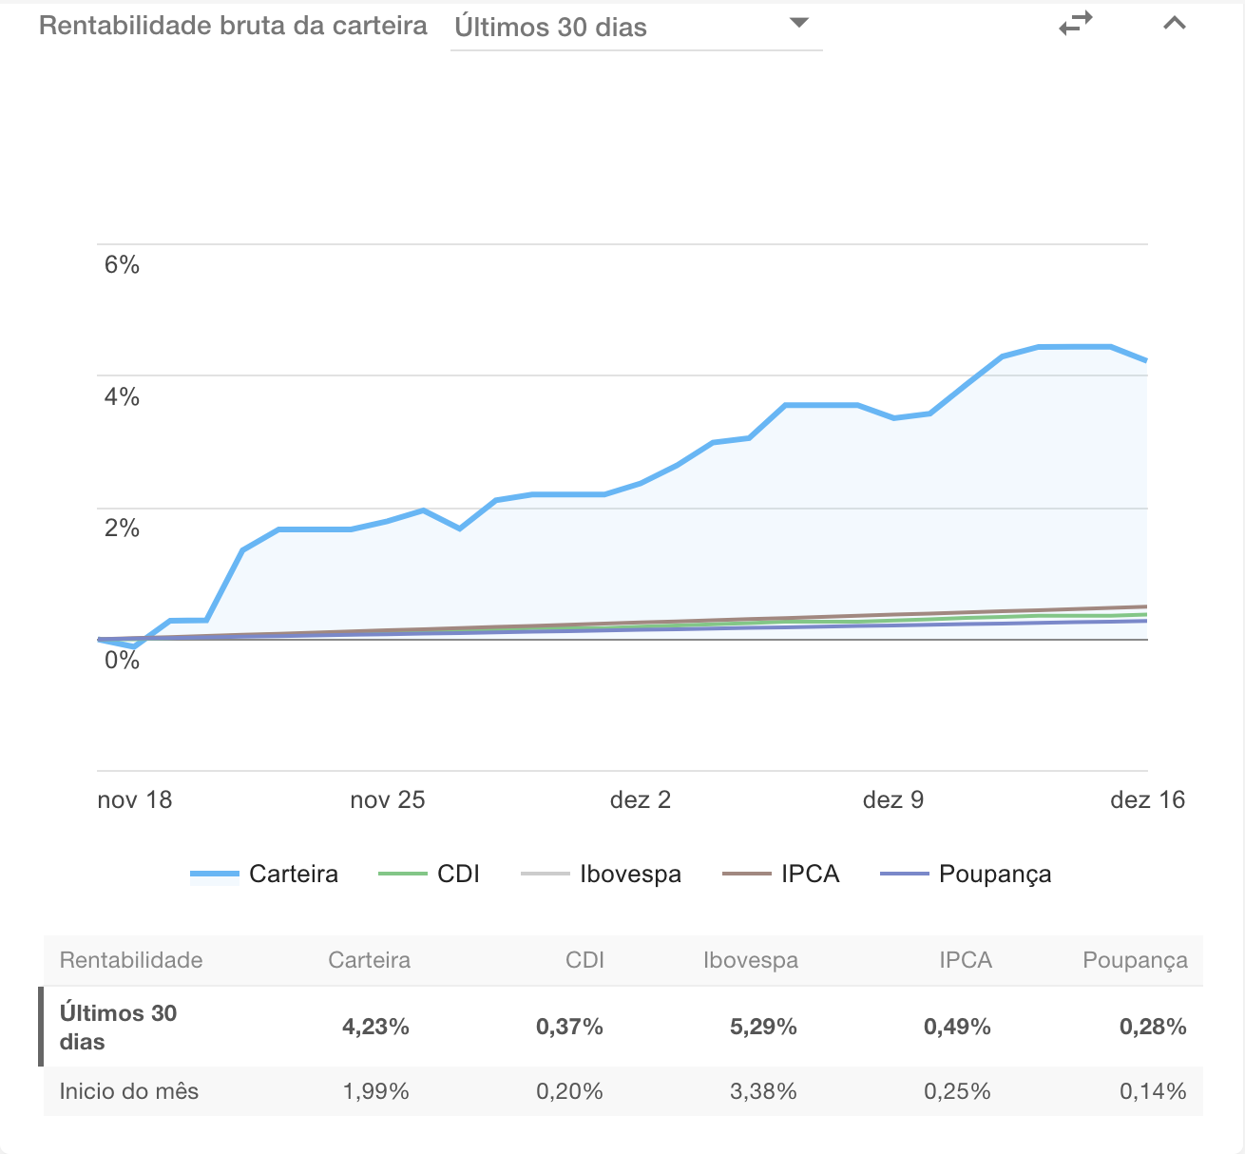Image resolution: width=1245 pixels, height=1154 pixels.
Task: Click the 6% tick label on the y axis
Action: (122, 264)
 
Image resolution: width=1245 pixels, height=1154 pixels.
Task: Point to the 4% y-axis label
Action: (122, 396)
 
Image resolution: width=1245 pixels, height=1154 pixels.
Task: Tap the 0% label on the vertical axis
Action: (122, 660)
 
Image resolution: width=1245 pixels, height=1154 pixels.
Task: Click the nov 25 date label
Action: (387, 799)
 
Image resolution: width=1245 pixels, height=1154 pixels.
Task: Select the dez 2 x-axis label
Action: (640, 799)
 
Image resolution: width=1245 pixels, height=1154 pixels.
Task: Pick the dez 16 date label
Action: (1147, 799)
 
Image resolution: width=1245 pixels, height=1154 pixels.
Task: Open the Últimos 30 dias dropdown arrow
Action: (799, 23)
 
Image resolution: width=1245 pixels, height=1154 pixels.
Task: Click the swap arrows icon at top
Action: (1076, 24)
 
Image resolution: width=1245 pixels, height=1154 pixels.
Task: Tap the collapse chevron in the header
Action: (1175, 23)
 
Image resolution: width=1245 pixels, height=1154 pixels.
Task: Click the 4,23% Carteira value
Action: (375, 1027)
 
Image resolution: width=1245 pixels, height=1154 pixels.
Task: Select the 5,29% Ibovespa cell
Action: (763, 1027)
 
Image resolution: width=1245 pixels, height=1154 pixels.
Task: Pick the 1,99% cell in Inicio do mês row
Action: (375, 1091)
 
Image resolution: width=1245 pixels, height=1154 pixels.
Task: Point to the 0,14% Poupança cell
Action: (1153, 1091)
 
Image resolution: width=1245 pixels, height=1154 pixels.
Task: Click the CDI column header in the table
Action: (584, 960)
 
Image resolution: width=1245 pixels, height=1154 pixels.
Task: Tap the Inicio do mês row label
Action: (129, 1091)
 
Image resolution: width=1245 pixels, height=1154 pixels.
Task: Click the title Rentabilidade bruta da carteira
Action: (233, 26)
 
